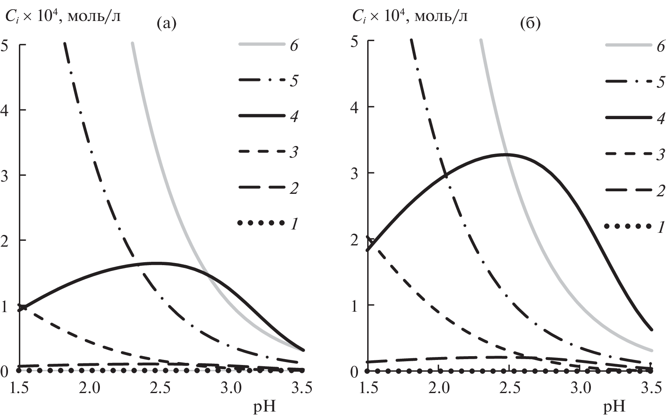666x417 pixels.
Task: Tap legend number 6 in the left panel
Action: click(293, 45)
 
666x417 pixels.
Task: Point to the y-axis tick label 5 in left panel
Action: click(5, 45)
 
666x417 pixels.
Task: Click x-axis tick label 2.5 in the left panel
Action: click(161, 388)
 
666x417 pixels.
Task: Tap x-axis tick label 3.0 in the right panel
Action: click(581, 388)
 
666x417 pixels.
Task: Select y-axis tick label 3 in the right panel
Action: click(354, 173)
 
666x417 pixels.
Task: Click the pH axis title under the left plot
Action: click(265, 407)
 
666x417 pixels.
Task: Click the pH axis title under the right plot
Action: click(614, 407)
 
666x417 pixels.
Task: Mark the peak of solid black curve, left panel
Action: click(154, 263)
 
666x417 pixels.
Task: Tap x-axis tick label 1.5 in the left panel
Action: click(19, 388)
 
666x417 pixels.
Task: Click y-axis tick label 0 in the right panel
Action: click(354, 372)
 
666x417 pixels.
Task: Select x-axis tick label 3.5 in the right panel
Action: click(650, 388)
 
